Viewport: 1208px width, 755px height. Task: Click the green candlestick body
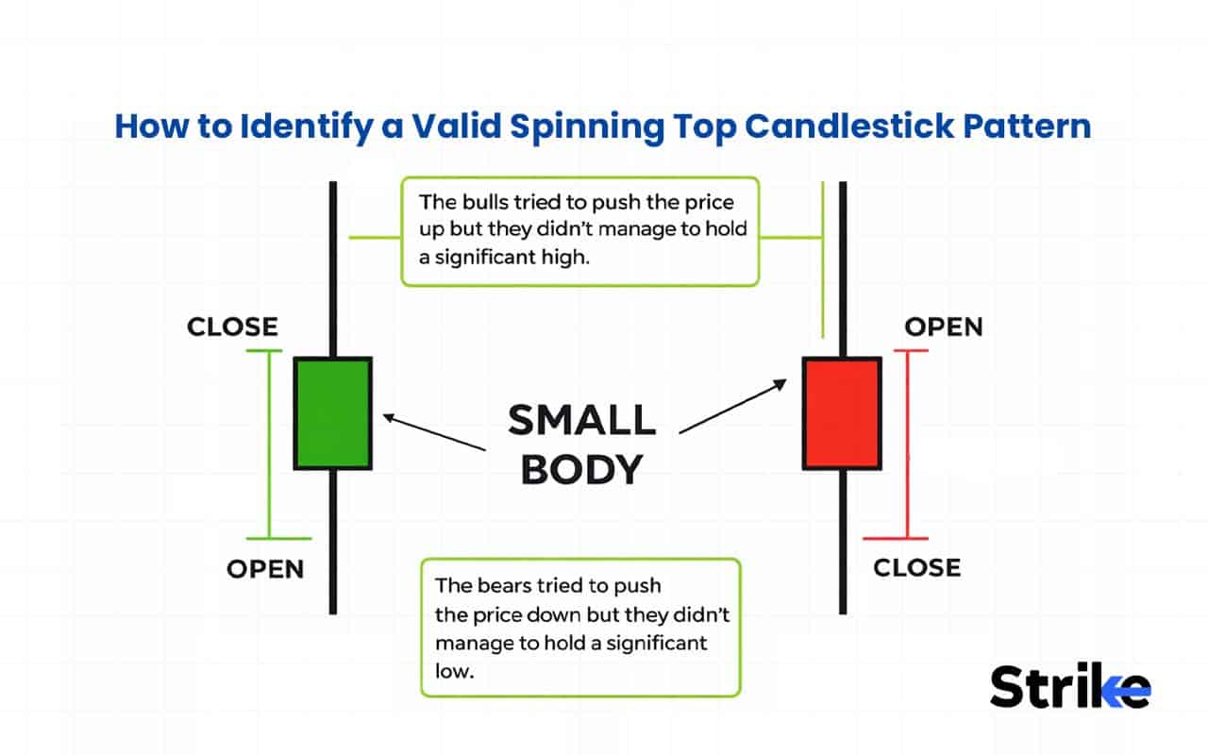coord(333,412)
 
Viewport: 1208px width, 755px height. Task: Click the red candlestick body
coord(842,412)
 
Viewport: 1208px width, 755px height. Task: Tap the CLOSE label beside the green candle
coord(232,327)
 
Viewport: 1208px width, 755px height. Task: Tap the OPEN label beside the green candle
coord(265,569)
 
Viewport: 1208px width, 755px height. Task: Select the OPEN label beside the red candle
coord(943,327)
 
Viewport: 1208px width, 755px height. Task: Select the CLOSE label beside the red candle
coord(916,567)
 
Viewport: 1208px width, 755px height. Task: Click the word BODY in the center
coord(581,469)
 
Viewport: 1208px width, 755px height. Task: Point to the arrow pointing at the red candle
coord(732,406)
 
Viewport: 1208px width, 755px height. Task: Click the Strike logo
coord(1069,686)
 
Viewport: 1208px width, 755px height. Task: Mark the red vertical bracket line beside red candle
coord(907,444)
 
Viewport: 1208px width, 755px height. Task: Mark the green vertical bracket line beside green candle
coord(271,444)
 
